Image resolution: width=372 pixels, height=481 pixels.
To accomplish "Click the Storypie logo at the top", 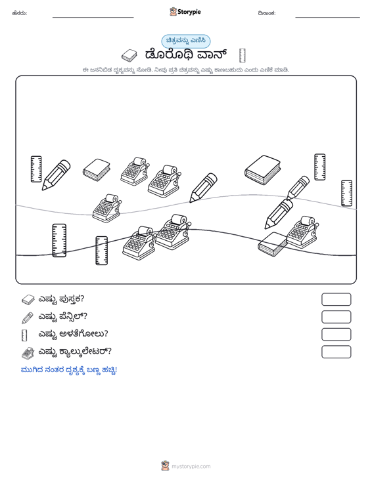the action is tap(185, 12).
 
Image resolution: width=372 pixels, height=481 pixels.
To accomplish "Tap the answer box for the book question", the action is tap(336, 299).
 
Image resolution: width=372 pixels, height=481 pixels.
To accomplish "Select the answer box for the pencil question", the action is tap(336, 317).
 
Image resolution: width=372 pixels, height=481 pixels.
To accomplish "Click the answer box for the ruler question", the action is tap(336, 335).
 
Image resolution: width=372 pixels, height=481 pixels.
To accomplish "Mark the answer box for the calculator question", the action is tap(336, 352).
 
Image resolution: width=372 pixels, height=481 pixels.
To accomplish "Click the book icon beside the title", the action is tap(129, 56).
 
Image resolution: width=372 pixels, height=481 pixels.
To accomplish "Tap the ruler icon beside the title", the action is tap(242, 56).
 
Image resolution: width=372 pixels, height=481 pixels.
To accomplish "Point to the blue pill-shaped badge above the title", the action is tap(186, 41).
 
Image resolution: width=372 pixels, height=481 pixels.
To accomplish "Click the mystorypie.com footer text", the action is tap(191, 467).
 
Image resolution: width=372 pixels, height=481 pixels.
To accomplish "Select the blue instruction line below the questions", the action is tap(69, 370).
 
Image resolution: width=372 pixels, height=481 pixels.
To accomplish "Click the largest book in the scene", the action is tap(263, 170).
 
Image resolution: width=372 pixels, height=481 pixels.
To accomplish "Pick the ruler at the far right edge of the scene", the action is tap(347, 193).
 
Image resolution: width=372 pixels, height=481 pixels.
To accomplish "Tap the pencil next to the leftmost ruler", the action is tap(57, 175).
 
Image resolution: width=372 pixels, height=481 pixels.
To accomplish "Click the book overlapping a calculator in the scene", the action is tap(273, 244).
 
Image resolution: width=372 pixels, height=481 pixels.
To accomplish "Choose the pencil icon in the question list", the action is tap(28, 318).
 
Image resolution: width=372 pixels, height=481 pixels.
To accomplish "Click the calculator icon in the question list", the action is tap(28, 353).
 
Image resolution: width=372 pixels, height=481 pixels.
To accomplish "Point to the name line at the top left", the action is tap(93, 18).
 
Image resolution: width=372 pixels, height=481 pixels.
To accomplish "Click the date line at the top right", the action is tap(327, 18).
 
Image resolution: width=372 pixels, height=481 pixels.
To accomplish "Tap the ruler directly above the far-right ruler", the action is tap(320, 167).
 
